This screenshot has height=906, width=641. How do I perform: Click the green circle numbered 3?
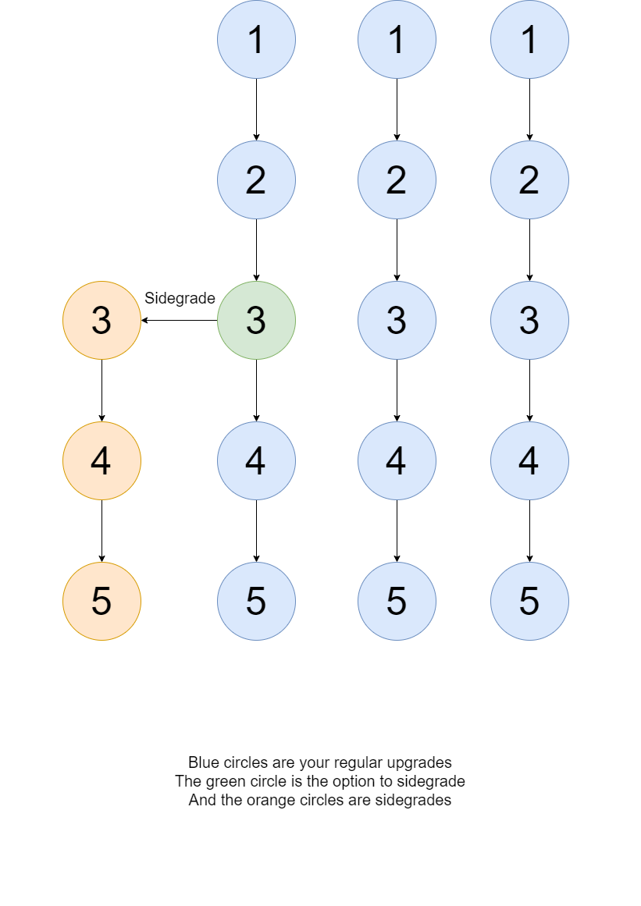point(256,320)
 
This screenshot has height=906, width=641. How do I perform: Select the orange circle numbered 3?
point(101,320)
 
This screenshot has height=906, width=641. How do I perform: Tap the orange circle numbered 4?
point(101,460)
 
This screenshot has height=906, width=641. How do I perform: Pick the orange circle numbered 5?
point(101,601)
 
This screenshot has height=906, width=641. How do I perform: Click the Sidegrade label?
point(180,299)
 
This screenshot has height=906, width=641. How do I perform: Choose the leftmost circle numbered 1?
point(256,39)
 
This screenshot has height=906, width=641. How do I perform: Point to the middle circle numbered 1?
point(397,39)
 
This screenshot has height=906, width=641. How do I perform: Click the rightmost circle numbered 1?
point(529,39)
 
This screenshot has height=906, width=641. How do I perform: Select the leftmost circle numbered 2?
point(256,179)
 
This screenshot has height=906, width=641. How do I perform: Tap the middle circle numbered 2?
point(397,179)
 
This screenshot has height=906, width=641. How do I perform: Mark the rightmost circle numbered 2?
point(529,179)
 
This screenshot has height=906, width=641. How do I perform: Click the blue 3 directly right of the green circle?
point(397,320)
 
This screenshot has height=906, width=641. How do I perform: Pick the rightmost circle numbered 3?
point(529,320)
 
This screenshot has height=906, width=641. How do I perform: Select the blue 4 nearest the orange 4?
point(256,460)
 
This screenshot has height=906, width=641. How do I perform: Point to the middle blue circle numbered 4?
point(397,460)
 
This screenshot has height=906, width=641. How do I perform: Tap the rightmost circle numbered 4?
point(529,460)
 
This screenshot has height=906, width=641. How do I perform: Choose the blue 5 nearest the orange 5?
point(256,601)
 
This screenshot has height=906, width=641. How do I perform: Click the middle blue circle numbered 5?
point(397,601)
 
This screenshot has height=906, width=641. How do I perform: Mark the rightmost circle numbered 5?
point(529,601)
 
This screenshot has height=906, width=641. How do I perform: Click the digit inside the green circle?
point(256,321)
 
